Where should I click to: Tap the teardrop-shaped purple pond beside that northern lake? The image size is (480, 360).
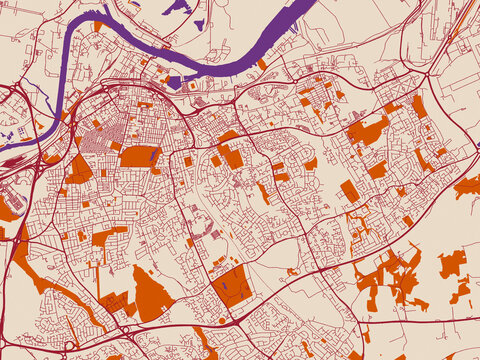(x=200, y=23)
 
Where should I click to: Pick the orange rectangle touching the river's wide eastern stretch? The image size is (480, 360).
(x=262, y=64)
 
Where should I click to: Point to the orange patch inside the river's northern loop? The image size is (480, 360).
(x=97, y=26)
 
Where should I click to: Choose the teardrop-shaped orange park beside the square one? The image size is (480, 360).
(x=151, y=296)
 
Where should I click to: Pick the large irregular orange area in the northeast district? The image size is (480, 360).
(x=368, y=131)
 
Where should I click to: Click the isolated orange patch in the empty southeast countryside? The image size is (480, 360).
(x=452, y=264)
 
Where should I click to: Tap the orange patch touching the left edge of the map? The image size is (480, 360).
(x=7, y=210)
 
